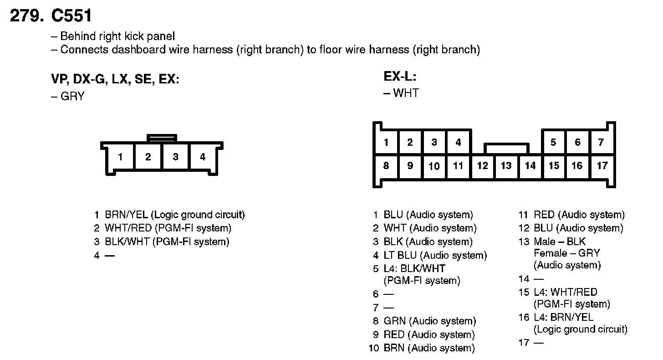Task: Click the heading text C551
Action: [71, 16]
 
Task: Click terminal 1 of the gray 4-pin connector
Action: [120, 157]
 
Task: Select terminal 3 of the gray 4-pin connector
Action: [175, 157]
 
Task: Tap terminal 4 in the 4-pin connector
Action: [203, 157]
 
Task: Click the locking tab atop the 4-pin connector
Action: [162, 137]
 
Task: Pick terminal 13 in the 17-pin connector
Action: [506, 166]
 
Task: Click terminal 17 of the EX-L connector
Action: [602, 166]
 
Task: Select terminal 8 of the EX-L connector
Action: [386, 165]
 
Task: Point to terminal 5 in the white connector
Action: [553, 143]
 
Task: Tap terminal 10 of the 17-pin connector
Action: [434, 166]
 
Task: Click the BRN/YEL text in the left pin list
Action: [126, 215]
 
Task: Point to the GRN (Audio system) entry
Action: [429, 321]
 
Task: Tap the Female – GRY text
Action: [567, 253]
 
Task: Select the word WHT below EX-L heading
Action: [406, 93]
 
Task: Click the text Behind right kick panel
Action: [117, 36]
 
